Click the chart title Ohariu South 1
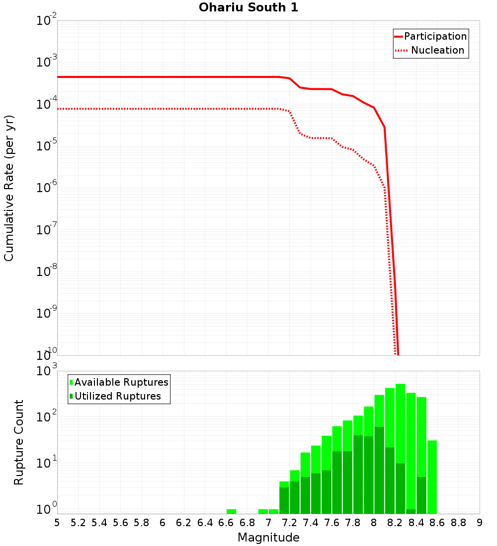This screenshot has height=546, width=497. [248, 7]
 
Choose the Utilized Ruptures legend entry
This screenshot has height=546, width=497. [117, 396]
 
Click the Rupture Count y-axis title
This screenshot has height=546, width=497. [19, 442]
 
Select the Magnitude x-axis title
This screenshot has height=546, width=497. [268, 537]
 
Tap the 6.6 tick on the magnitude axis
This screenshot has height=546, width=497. [226, 522]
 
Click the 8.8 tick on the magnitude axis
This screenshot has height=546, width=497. [458, 522]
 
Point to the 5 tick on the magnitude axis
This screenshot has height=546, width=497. [57, 522]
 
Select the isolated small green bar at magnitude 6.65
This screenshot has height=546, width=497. [231, 511]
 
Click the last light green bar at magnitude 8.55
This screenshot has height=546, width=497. [432, 477]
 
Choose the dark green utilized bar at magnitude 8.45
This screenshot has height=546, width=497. [421, 495]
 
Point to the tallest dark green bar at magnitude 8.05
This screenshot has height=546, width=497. [379, 470]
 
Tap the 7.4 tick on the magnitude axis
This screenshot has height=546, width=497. [311, 522]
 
